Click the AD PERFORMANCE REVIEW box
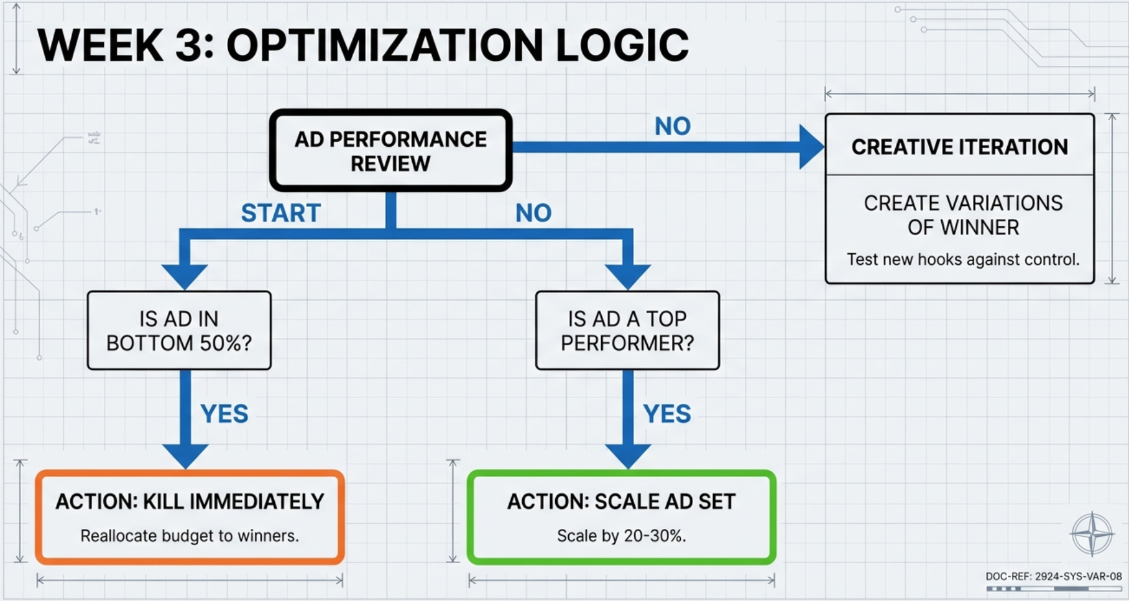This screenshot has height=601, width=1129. (390, 151)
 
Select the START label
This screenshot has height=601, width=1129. (280, 213)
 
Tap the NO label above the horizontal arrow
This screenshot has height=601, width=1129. (672, 126)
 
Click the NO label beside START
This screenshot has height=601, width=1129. (533, 213)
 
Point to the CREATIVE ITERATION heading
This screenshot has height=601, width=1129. (959, 147)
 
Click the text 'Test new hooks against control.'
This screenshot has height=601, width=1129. (962, 259)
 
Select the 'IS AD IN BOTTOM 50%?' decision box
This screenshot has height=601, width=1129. (179, 330)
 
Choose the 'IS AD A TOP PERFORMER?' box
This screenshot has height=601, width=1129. (627, 330)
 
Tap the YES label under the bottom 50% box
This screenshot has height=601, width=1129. (224, 414)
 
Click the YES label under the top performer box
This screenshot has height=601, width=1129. (666, 414)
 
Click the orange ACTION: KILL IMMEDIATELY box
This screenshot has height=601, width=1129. (190, 517)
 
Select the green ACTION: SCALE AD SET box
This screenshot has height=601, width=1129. (621, 517)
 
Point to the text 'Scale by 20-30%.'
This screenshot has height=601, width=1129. (621, 536)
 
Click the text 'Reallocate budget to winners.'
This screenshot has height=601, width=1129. (190, 536)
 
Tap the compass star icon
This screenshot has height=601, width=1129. (1092, 534)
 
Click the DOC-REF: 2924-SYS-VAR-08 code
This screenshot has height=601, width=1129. (1053, 576)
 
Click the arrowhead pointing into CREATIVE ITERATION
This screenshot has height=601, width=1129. (811, 147)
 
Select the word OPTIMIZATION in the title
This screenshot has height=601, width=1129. (384, 45)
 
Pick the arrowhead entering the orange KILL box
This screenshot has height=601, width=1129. (185, 456)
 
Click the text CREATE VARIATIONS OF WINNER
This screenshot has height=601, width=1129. (962, 215)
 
